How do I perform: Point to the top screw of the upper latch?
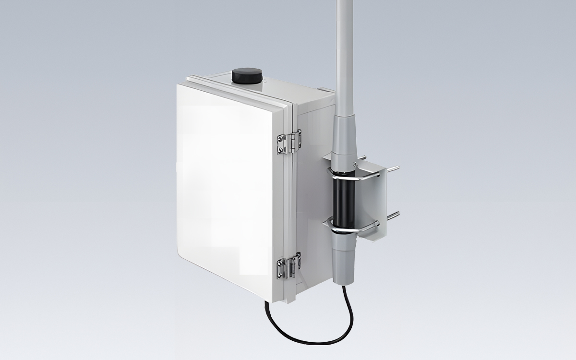coord(280,138)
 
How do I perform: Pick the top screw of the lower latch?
coord(280,263)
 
